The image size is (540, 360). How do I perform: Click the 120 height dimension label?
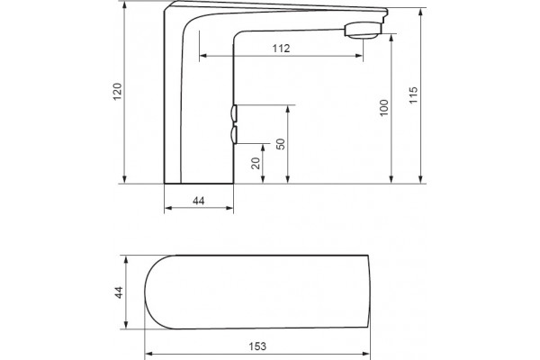(x=118, y=91)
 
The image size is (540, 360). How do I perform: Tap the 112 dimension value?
(x=281, y=49)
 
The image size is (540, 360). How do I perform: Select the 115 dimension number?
(x=413, y=95)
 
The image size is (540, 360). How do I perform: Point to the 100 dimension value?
(x=383, y=108)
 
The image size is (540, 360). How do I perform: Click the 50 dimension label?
(x=281, y=144)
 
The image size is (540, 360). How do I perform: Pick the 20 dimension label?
(x=256, y=163)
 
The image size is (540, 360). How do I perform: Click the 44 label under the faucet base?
(x=198, y=201)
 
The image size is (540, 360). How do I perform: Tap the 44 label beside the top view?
(x=119, y=292)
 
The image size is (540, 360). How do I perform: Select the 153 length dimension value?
(x=257, y=346)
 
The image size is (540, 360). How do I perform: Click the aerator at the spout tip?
(x=363, y=30)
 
